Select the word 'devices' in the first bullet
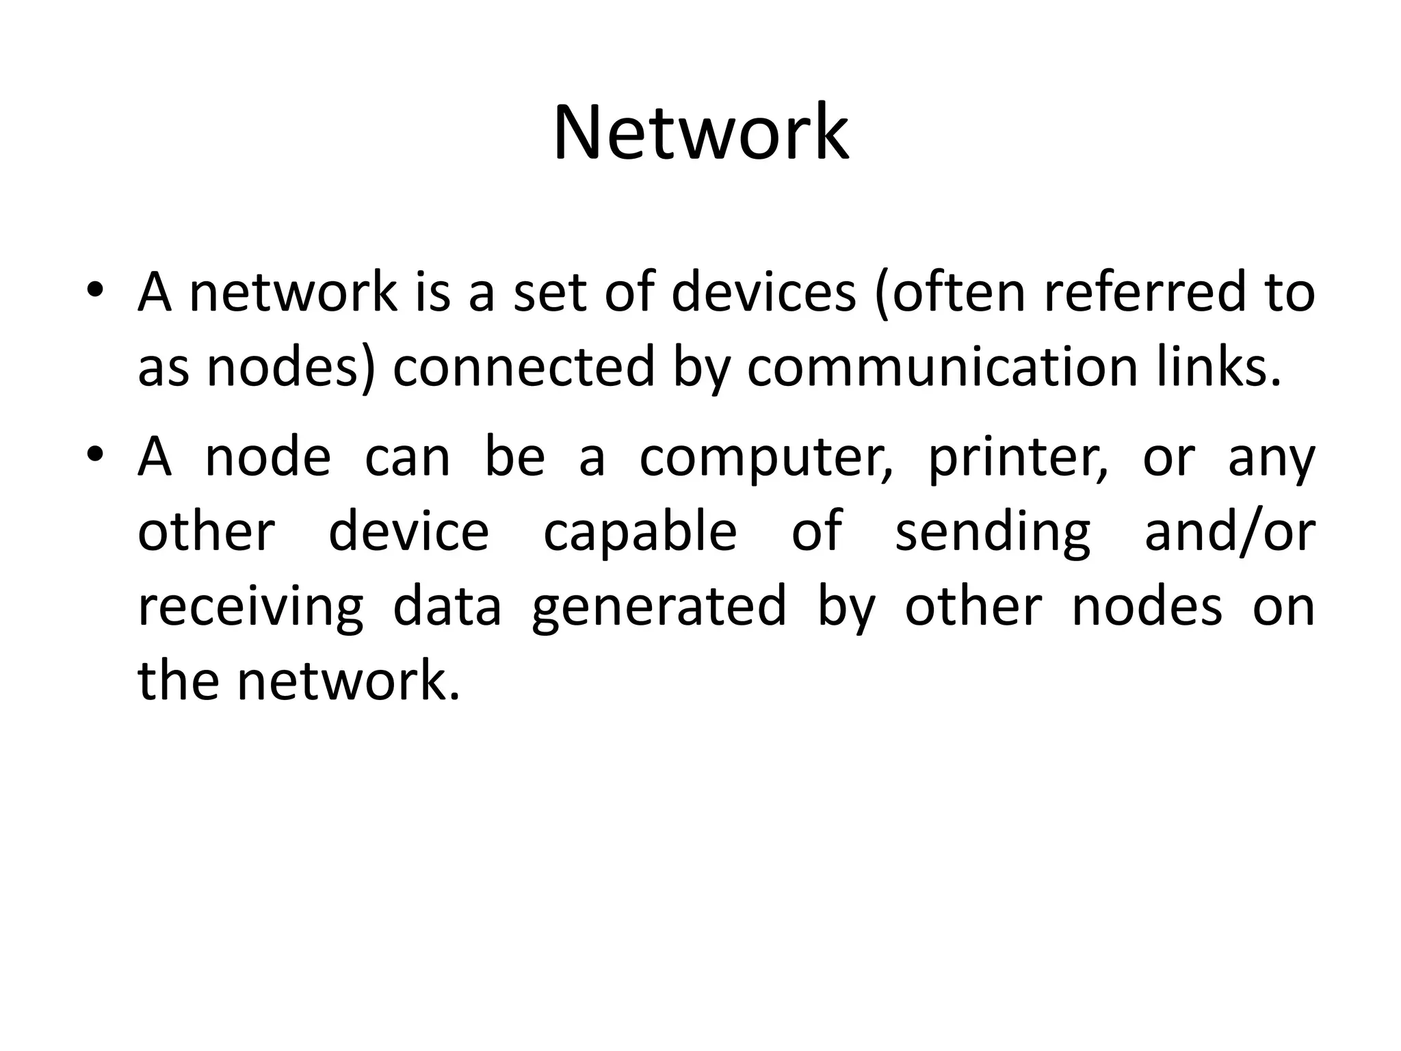763,293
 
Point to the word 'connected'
524,367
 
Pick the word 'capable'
640,532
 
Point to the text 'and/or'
1230,532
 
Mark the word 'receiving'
250,608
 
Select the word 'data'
447,607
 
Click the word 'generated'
659,608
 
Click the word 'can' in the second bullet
408,457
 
